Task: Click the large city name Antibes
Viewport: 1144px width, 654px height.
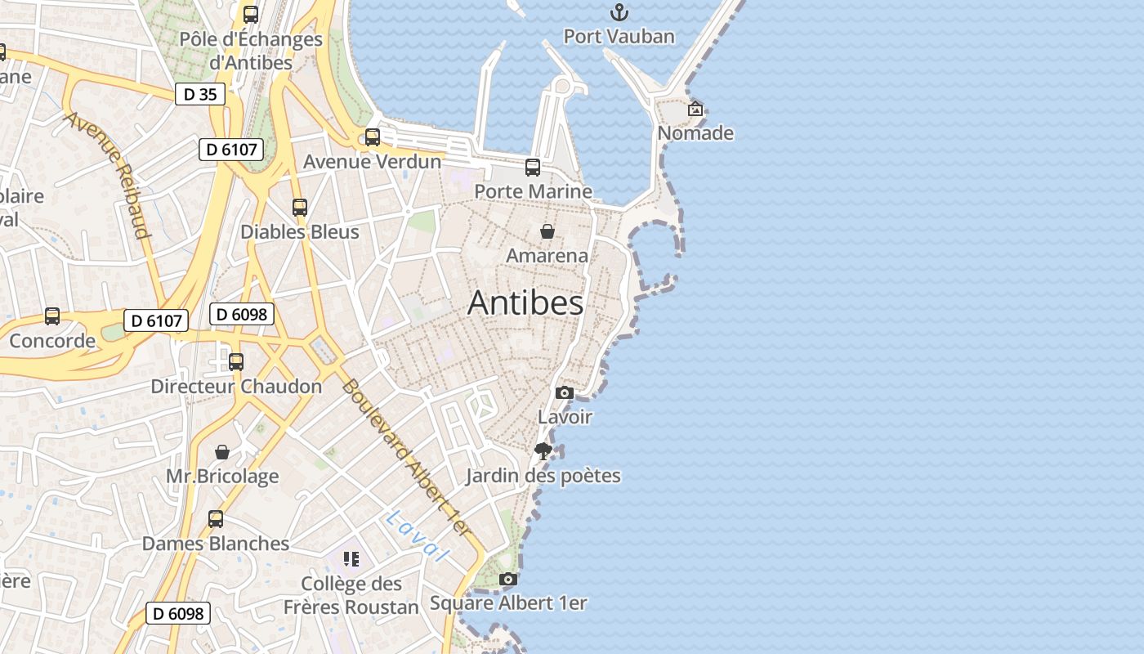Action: click(525, 303)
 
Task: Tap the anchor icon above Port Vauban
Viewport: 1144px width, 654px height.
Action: click(619, 12)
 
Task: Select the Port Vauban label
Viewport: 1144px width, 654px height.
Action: click(619, 37)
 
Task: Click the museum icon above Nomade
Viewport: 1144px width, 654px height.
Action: click(695, 109)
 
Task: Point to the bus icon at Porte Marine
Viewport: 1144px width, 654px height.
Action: click(533, 168)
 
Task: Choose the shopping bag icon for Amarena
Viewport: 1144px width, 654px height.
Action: click(547, 232)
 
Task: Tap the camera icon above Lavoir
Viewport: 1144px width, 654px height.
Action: click(564, 393)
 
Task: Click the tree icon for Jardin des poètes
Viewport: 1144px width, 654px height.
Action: click(543, 450)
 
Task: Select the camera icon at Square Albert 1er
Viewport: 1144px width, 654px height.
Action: click(508, 580)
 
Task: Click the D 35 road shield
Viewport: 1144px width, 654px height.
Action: click(200, 94)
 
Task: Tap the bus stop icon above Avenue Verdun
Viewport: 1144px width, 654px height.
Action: click(373, 137)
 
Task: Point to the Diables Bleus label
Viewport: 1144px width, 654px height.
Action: click(300, 232)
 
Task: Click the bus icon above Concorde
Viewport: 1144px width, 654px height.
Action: click(52, 316)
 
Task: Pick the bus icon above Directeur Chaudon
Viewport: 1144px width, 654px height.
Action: click(236, 361)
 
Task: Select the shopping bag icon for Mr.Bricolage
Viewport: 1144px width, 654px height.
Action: click(222, 452)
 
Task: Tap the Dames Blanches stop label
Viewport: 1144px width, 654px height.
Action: click(216, 544)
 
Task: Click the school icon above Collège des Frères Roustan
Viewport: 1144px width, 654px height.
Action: click(351, 559)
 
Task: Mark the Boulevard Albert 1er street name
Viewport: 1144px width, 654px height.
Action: click(406, 457)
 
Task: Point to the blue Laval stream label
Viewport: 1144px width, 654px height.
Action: click(418, 535)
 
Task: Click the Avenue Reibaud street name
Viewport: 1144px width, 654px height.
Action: click(109, 174)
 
